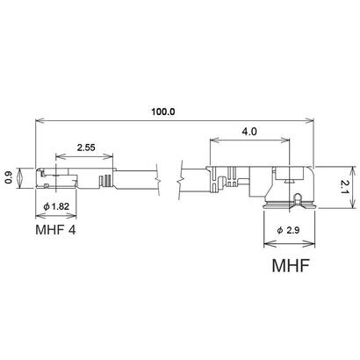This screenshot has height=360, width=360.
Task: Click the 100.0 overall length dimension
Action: point(163,112)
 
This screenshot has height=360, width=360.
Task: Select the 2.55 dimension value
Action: point(86,148)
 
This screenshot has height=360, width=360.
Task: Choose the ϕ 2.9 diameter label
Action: point(289,229)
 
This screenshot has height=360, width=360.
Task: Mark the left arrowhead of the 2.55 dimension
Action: point(58,159)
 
